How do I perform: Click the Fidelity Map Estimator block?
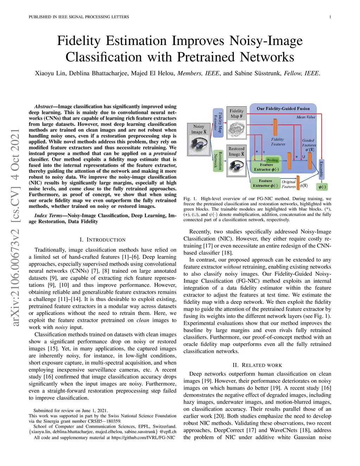click(218, 122)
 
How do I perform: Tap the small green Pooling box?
click(272, 160)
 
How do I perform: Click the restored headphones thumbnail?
click(236, 166)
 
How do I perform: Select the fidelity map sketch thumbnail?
click(236, 129)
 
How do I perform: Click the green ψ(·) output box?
click(322, 187)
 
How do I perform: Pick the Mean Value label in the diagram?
click(306, 117)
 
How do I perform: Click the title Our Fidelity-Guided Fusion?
click(283, 109)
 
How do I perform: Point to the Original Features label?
click(289, 184)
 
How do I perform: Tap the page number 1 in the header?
click(330, 17)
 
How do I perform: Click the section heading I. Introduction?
click(102, 240)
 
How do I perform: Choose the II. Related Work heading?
click(257, 365)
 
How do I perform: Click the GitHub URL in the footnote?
click(143, 438)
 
